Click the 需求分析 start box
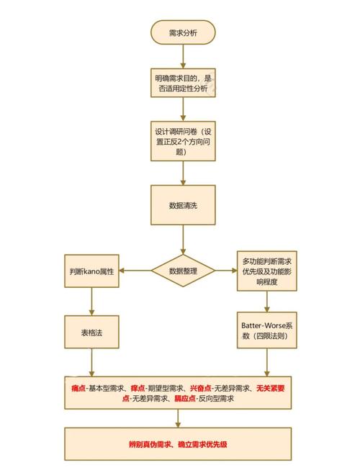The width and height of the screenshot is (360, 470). pyautogui.click(x=182, y=32)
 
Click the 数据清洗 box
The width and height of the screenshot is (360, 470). pyautogui.click(x=182, y=205)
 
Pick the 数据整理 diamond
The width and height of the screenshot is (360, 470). pyautogui.click(x=182, y=271)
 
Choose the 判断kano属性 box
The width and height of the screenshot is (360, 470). pyautogui.click(x=91, y=271)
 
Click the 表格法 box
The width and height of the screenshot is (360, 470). pyautogui.click(x=91, y=333)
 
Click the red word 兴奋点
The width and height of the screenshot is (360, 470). pyautogui.click(x=200, y=389)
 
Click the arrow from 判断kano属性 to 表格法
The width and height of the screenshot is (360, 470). pyautogui.click(x=91, y=302)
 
